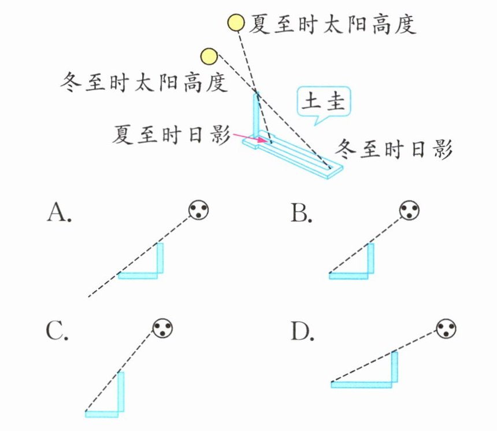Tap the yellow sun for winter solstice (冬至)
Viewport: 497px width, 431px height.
[209, 57]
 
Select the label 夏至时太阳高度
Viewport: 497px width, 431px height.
[332, 24]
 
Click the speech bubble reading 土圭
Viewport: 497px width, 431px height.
[324, 103]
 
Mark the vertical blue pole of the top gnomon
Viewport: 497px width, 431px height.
[256, 116]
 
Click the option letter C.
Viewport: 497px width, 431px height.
[58, 331]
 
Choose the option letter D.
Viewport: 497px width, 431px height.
[302, 331]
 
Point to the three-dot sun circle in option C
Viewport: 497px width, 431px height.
[162, 329]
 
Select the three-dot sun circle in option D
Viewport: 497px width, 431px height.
[446, 329]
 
